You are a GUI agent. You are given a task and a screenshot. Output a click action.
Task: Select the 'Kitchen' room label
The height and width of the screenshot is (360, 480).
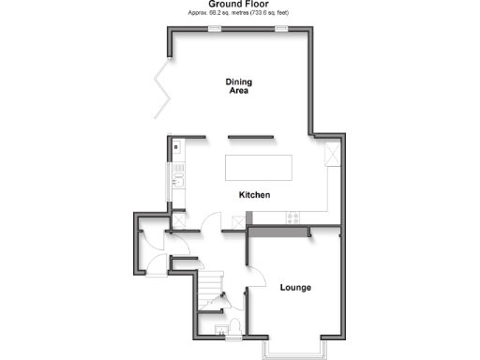(254, 195)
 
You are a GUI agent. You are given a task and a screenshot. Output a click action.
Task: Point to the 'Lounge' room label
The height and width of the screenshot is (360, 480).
(295, 287)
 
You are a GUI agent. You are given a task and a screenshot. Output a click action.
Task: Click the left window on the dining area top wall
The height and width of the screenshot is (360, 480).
(215, 29)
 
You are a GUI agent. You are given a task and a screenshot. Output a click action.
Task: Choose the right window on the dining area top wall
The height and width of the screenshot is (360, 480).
(280, 29)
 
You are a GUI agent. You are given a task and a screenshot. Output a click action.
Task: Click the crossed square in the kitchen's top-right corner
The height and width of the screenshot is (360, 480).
(332, 155)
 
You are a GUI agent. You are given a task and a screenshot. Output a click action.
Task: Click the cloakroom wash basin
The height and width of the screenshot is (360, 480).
(221, 331)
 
